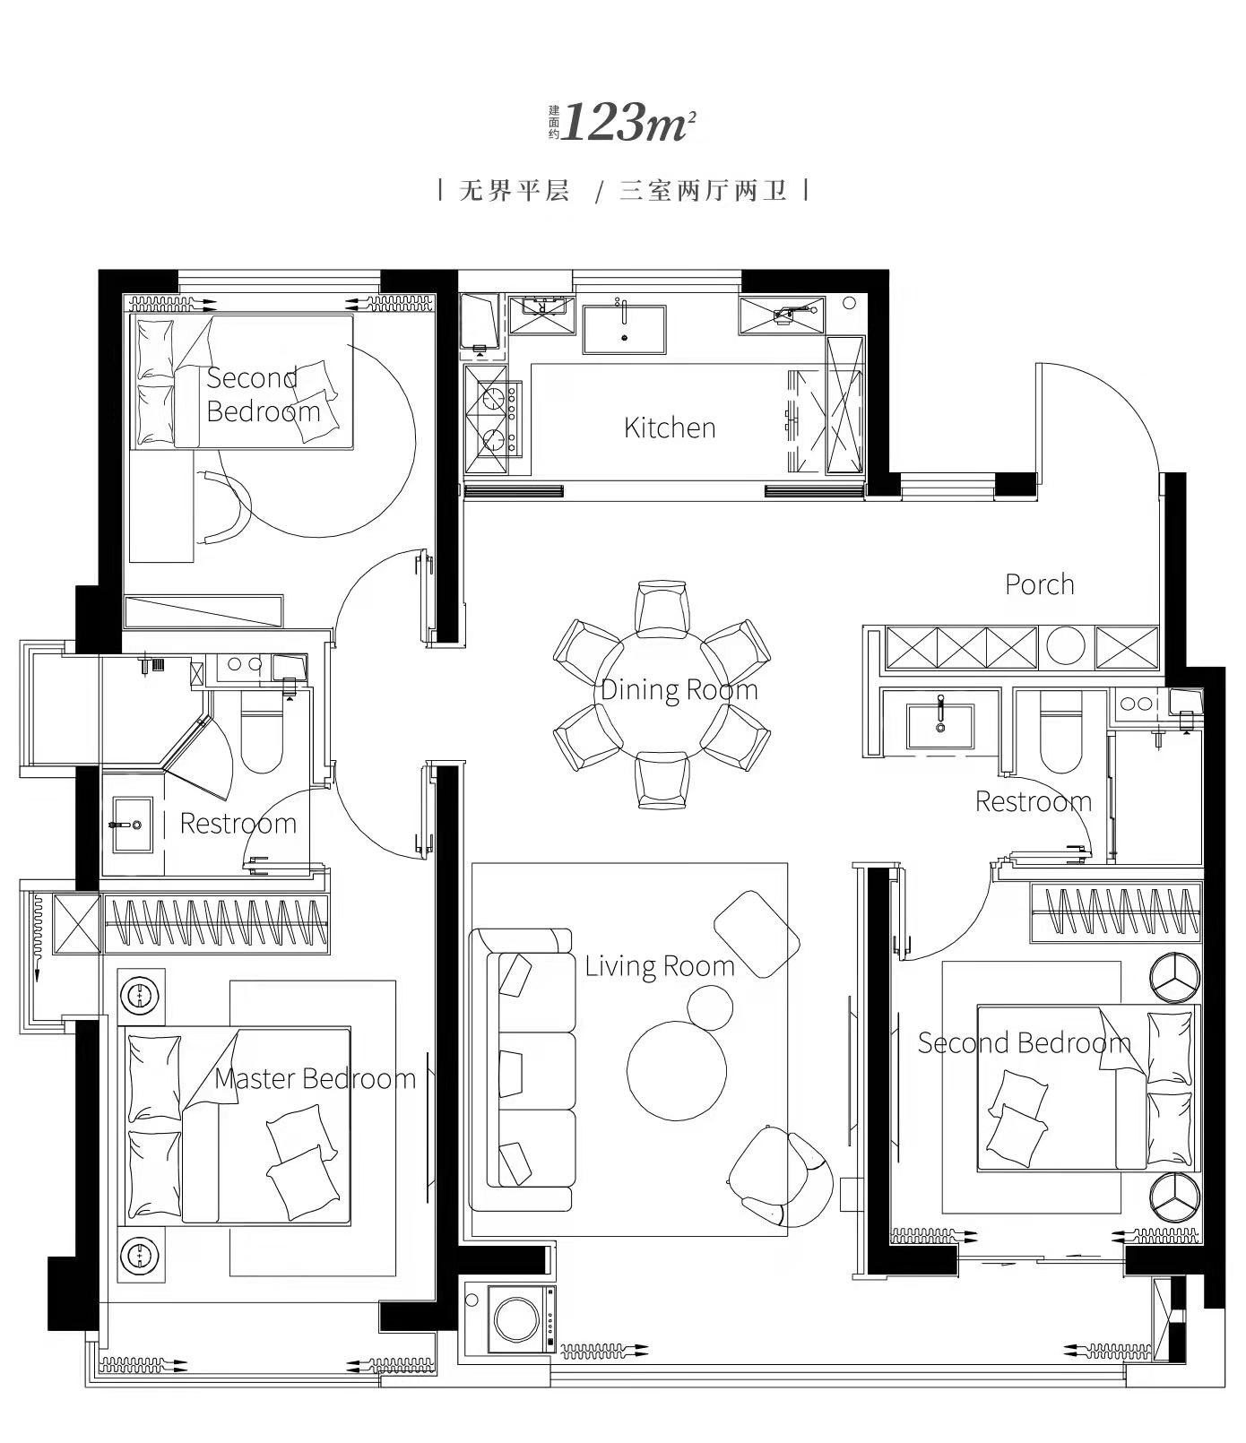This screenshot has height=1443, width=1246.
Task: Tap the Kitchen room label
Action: click(670, 428)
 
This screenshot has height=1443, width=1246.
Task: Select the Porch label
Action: click(1039, 584)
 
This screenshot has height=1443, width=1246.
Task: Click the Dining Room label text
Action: click(679, 689)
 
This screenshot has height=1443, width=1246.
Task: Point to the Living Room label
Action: click(660, 965)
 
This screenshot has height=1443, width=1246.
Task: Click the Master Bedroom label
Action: click(316, 1077)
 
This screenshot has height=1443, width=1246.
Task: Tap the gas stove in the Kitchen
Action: click(494, 418)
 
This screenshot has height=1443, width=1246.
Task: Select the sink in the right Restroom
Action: click(940, 725)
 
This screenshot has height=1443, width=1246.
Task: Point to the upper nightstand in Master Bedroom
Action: click(142, 996)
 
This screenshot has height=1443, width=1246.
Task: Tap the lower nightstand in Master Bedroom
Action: click(142, 1255)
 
